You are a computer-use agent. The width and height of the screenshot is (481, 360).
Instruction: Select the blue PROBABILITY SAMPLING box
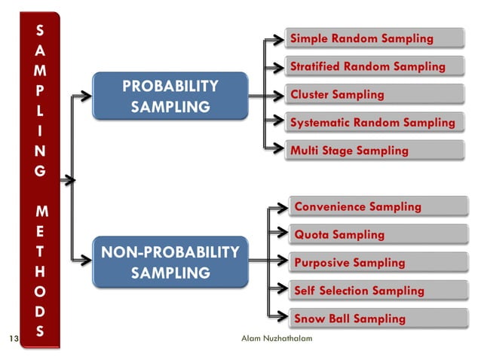(170, 96)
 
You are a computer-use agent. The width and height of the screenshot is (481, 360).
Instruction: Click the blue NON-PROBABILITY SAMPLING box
(170, 261)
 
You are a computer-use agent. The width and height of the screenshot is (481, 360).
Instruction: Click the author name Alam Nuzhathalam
(276, 339)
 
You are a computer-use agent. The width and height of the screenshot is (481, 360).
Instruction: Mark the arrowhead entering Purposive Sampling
(283, 263)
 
